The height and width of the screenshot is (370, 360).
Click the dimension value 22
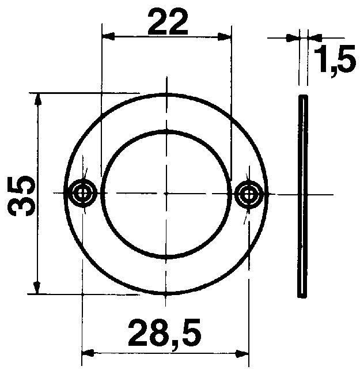(x=168, y=22)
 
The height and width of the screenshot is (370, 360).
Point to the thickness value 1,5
(x=334, y=62)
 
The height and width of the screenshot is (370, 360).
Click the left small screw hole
(x=83, y=193)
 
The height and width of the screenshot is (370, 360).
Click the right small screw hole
(x=248, y=193)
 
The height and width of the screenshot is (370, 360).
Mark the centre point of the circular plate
(x=166, y=193)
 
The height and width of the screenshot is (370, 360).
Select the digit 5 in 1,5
(x=344, y=62)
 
